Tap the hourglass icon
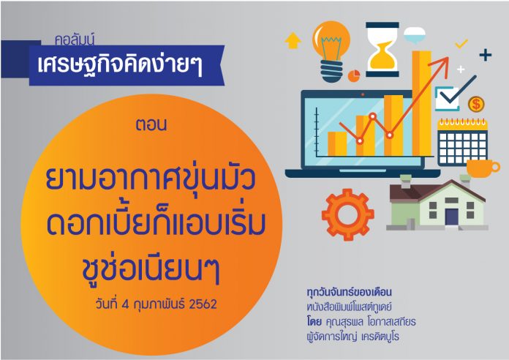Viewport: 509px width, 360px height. [382, 49]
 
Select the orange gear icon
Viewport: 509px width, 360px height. [347, 214]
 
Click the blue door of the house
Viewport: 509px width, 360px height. [451, 217]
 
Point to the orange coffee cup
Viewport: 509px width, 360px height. [483, 168]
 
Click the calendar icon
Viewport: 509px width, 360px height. [462, 142]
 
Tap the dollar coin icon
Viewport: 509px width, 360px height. [476, 105]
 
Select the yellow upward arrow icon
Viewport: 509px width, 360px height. [293, 40]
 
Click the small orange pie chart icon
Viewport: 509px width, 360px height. [354, 75]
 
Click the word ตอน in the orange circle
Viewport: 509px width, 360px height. [151, 125]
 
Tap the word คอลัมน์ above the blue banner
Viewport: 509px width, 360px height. [75, 40]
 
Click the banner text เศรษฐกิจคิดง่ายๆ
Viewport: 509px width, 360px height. [120, 64]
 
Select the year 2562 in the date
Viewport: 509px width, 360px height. [203, 304]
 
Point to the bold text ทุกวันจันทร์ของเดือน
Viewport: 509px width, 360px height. [350, 292]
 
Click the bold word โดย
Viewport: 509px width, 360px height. [314, 322]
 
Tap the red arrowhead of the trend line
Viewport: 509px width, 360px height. [444, 61]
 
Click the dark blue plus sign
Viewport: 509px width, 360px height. [486, 55]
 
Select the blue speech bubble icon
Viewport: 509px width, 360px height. [415, 35]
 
